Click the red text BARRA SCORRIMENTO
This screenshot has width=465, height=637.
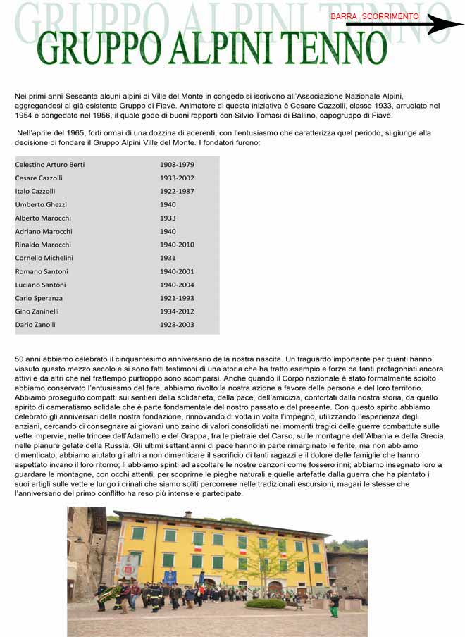click(374, 16)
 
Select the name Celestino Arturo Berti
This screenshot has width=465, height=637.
click(50, 165)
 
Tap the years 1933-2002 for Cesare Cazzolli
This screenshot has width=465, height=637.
click(177, 178)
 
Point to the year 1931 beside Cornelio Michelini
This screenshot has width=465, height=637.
click(168, 258)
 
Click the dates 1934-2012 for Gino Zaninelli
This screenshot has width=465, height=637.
click(177, 311)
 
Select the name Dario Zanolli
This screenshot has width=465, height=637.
click(35, 325)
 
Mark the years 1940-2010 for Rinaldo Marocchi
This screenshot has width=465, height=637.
click(177, 245)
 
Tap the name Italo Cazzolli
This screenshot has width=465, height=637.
click(35, 191)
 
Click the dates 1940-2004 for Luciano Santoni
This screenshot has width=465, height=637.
click(177, 285)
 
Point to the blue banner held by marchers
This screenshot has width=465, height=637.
click(170, 577)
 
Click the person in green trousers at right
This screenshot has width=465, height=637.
click(335, 604)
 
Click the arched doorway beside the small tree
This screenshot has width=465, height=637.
click(275, 587)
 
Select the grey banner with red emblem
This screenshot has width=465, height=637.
click(129, 566)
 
